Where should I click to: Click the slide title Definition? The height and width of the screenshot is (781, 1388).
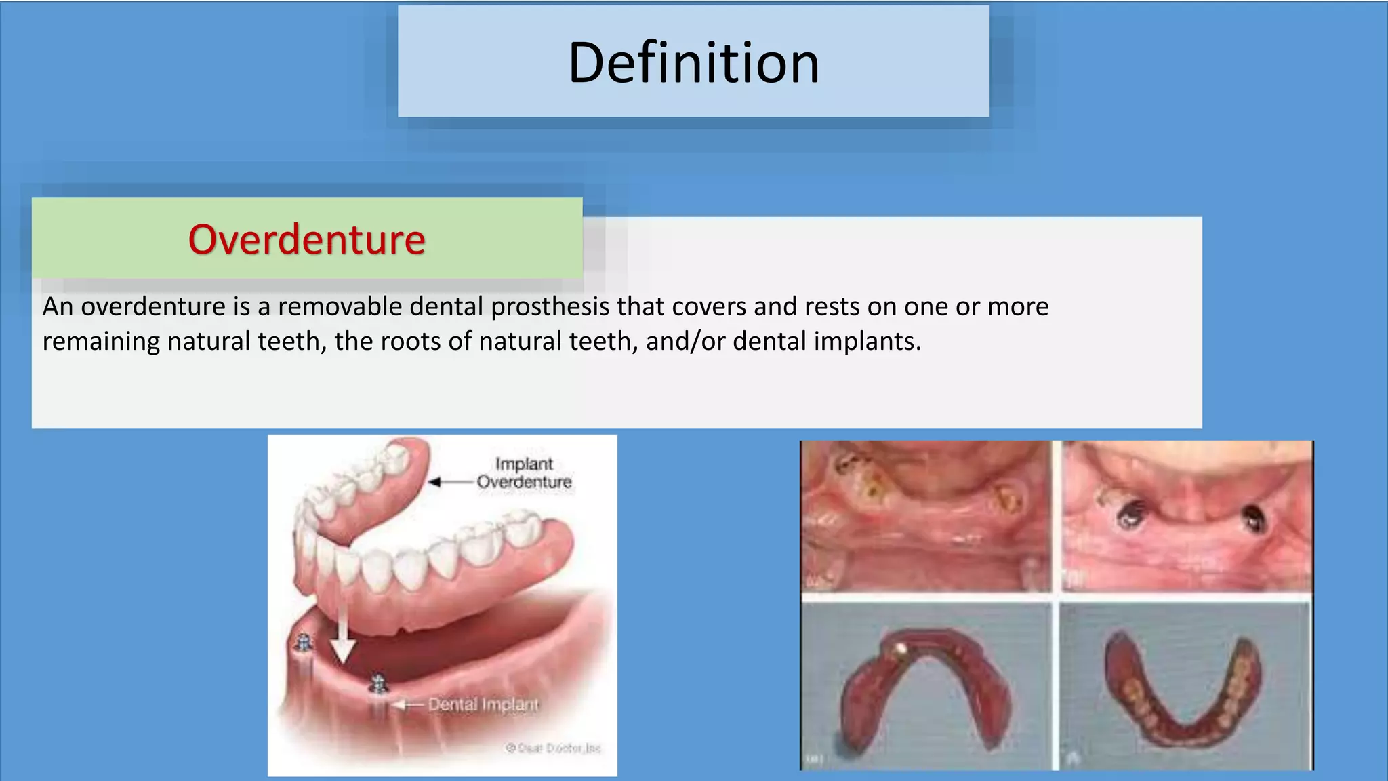click(693, 63)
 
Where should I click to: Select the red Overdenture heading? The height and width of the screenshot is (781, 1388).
click(306, 239)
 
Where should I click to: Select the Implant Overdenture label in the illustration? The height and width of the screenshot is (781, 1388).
click(524, 473)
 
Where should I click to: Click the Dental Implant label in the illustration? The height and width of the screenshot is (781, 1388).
click(483, 705)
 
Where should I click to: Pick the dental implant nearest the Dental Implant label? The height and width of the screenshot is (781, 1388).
click(378, 685)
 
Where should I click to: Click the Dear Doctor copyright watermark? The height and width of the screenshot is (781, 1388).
click(553, 748)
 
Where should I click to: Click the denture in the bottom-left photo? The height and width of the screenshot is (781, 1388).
click(926, 685)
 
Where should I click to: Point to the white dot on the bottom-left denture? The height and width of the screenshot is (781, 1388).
click(901, 649)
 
